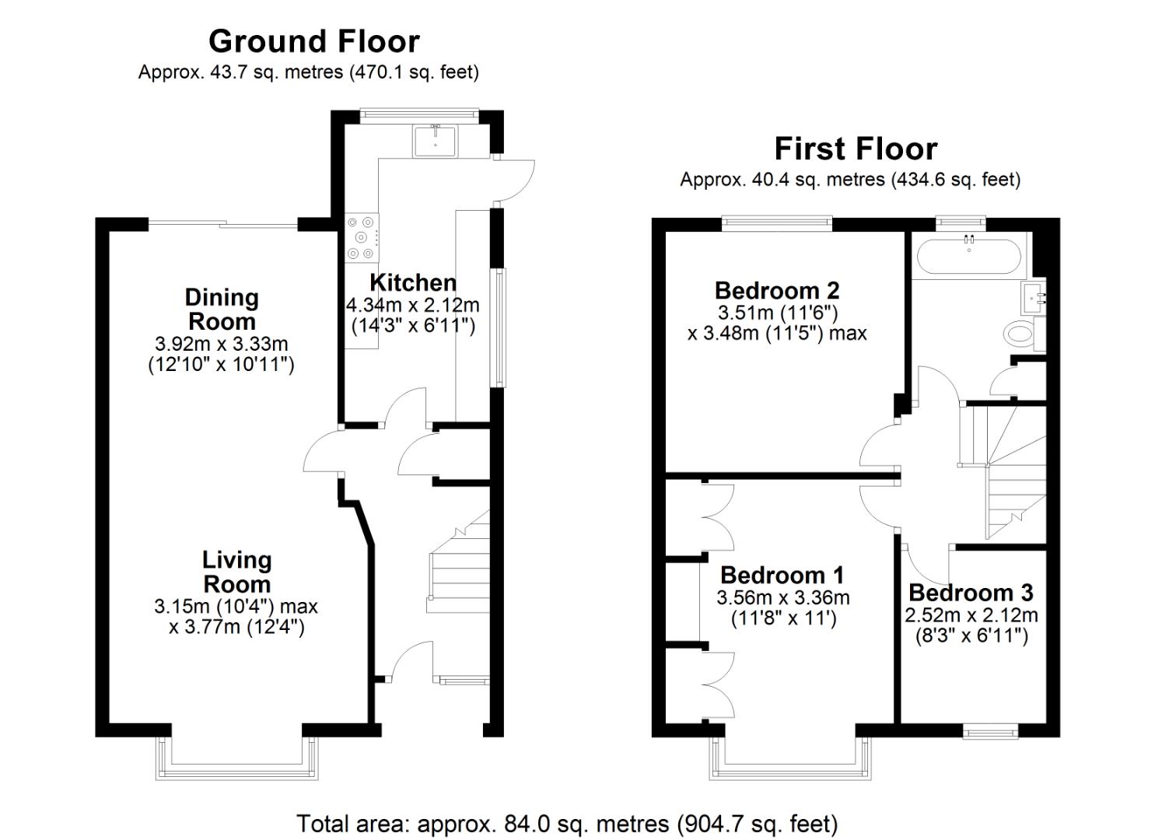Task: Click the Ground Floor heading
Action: [313, 41]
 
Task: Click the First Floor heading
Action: [856, 149]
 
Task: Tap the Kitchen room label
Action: [412, 282]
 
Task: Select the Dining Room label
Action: [222, 309]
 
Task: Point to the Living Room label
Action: [236, 572]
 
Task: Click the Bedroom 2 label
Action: [777, 291]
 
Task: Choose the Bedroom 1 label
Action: [782, 576]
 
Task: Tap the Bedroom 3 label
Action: [971, 593]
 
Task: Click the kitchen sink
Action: [436, 141]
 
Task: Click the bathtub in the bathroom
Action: [969, 256]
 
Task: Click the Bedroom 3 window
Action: [990, 731]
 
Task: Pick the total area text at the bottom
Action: [567, 823]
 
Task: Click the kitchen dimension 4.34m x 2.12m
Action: [412, 305]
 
